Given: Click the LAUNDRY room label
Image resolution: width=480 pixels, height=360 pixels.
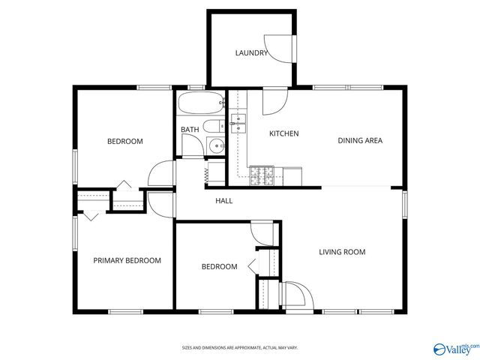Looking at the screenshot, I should (x=251, y=53).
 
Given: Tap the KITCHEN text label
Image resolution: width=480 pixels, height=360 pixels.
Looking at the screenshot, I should (x=284, y=133).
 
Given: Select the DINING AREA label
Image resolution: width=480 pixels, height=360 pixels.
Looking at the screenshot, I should (x=360, y=140).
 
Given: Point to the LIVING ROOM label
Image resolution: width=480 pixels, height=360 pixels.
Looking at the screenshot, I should (x=342, y=252).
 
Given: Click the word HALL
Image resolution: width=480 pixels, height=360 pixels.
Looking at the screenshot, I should (x=223, y=201).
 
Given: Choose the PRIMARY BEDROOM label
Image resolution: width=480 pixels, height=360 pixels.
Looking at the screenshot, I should (x=127, y=261).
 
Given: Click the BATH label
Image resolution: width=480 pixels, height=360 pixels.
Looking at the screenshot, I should (x=190, y=130).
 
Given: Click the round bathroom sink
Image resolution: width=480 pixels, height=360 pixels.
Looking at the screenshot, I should (x=216, y=146).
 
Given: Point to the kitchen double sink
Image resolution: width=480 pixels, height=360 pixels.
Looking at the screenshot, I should (x=239, y=123).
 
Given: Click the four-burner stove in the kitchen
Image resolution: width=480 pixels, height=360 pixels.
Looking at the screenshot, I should (x=261, y=175).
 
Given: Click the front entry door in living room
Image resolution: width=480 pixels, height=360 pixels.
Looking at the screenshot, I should (x=294, y=295).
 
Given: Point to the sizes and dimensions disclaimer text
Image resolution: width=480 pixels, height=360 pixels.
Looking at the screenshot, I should (x=239, y=348).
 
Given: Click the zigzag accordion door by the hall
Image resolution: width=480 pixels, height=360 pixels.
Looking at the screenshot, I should (x=207, y=174).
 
